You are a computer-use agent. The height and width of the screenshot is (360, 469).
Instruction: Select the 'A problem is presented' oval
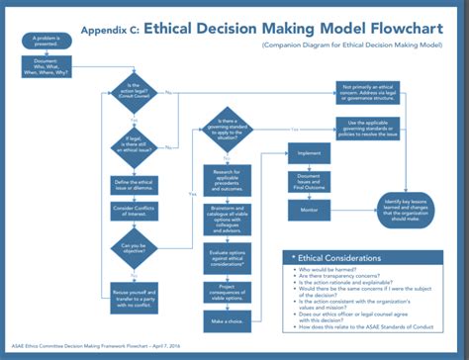tap(31, 42)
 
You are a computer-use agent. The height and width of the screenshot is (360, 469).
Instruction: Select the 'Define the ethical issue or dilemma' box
tap(131, 187)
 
